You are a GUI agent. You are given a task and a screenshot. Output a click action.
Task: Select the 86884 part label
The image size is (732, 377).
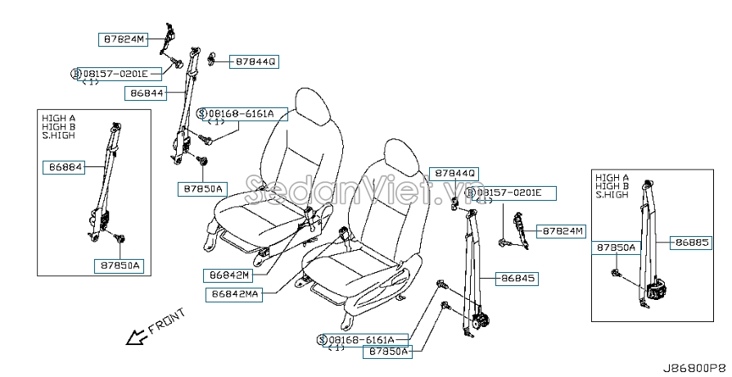coord(64,166)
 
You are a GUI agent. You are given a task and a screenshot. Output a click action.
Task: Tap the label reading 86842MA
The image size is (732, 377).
coord(234,294)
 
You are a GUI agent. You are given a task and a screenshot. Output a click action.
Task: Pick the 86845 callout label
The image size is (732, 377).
coord(517,279)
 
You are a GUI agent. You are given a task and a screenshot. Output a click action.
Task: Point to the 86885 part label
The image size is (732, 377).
coord(691,243)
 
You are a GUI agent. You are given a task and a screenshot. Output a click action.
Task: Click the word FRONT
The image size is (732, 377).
coord(167,321)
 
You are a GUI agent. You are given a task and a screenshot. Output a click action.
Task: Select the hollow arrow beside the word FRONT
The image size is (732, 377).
coord(136,336)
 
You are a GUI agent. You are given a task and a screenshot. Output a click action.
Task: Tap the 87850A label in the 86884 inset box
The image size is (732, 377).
coord(119,266)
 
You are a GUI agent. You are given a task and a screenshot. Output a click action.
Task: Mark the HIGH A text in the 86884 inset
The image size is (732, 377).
coord(58,118)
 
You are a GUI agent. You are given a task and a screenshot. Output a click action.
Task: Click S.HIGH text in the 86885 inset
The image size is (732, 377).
coord(612,195)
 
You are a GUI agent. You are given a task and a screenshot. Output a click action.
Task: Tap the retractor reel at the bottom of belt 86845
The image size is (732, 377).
coord(480,321)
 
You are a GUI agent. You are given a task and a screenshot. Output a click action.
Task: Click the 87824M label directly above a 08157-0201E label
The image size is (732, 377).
coord(124,39)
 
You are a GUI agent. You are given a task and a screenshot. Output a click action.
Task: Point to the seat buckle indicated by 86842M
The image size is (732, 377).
coord(309,216)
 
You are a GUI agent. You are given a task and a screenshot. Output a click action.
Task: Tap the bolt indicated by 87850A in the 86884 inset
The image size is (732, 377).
coord(121,239)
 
